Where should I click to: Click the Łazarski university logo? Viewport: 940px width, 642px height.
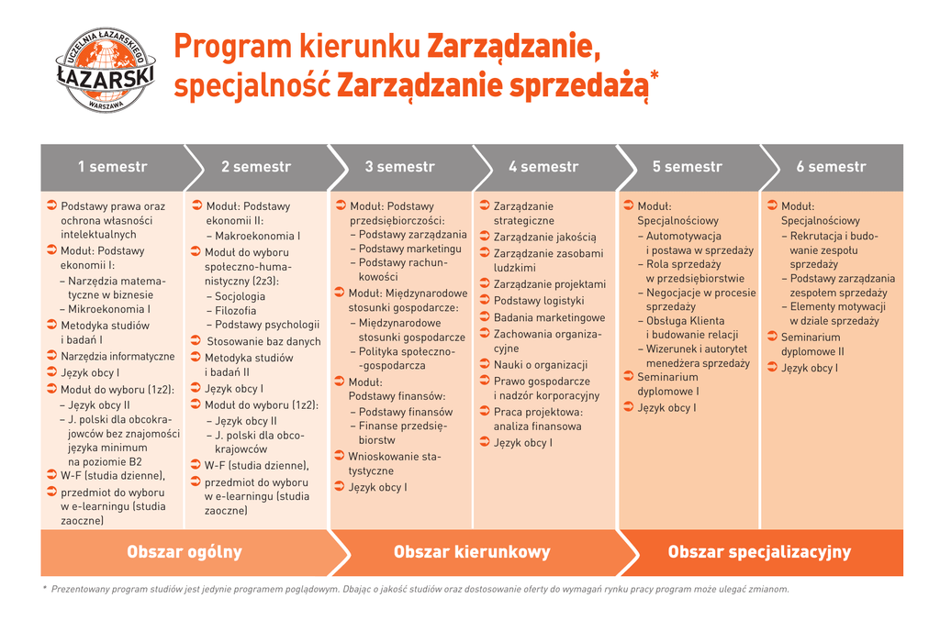tap(105, 70)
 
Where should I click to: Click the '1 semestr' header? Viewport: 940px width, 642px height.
tap(112, 167)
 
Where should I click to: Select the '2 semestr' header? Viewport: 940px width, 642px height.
tap(255, 167)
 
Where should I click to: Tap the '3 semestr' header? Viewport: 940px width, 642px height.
tap(399, 167)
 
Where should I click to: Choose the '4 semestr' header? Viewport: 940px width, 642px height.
tap(543, 167)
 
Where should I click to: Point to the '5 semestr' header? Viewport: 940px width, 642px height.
tap(687, 167)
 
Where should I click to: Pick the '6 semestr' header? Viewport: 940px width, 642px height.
tap(831, 167)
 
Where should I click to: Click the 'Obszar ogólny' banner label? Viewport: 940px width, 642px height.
tap(185, 552)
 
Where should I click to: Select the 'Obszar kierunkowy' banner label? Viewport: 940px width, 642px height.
tap(472, 552)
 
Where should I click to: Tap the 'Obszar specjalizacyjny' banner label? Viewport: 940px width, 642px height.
tap(759, 552)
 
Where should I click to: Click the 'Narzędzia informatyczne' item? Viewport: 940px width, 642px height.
tap(117, 356)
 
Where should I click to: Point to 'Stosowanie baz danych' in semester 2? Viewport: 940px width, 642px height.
tap(263, 341)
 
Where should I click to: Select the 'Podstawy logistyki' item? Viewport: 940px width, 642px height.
tap(539, 301)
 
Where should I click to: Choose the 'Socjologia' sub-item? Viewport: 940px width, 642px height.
tap(240, 296)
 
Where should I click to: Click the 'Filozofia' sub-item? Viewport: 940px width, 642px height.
tap(236, 311)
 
